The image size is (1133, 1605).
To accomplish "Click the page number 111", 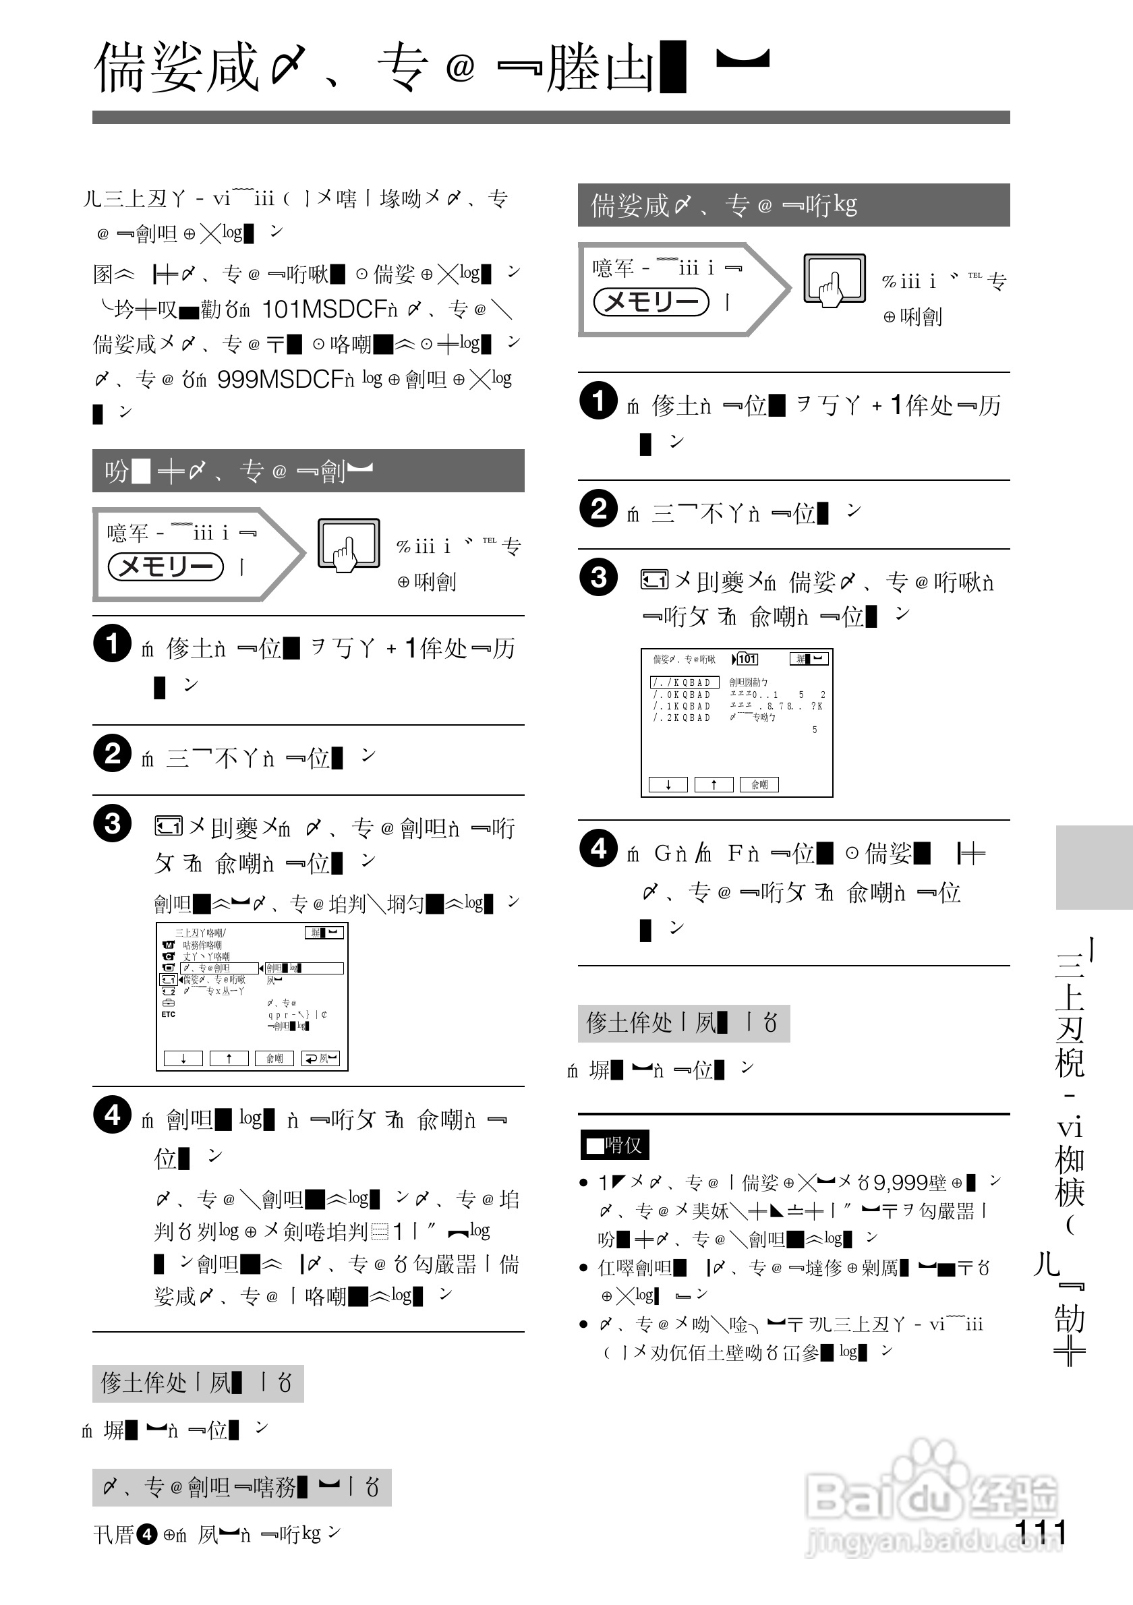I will (1040, 1533).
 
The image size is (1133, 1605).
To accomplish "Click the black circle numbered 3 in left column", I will (112, 823).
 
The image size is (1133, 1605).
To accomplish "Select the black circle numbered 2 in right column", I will (598, 508).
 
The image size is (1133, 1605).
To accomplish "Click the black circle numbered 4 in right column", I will (598, 848).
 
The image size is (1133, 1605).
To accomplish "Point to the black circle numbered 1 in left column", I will (112, 643).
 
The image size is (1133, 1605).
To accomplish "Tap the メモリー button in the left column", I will (166, 566).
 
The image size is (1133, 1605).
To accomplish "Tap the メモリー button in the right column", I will (651, 302).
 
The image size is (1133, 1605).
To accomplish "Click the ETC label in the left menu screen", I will (169, 1014).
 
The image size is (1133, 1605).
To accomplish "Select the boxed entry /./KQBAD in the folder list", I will (685, 682).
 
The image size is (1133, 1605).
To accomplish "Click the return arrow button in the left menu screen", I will (320, 1058).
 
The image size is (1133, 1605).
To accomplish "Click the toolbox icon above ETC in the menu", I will (169, 1002).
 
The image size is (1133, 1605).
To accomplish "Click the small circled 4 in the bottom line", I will (146, 1534).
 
